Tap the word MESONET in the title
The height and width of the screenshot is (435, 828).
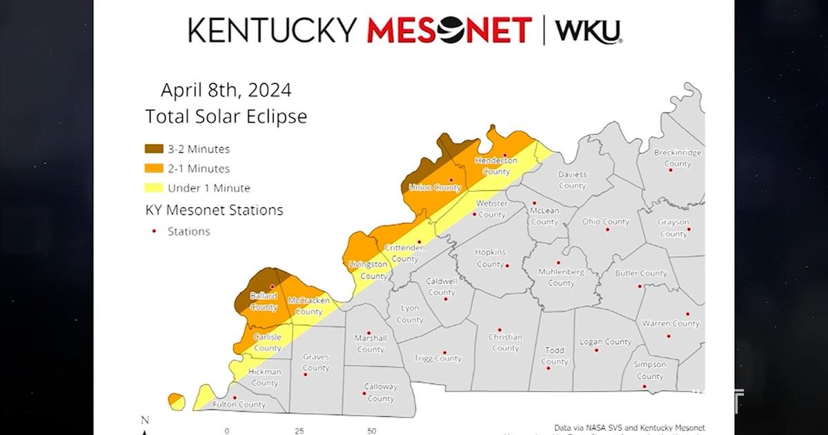click(449, 30)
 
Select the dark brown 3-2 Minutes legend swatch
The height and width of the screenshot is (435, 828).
click(154, 149)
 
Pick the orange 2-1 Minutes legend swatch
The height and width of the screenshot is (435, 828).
click(154, 168)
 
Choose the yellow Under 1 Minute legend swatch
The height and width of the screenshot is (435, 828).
click(154, 188)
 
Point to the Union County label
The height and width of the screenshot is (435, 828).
click(435, 188)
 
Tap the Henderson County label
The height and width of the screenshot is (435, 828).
click(495, 166)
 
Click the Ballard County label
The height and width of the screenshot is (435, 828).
click(263, 302)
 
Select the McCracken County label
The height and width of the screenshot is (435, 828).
click(308, 306)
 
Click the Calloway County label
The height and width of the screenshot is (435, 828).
click(380, 393)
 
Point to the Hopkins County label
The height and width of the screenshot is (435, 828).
click(490, 258)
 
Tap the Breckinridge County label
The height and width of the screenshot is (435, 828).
click(677, 158)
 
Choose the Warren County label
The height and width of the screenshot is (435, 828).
click(671, 323)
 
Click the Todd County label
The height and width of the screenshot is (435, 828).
click(555, 356)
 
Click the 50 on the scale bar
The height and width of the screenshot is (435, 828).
click(371, 431)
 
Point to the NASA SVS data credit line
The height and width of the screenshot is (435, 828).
click(629, 428)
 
